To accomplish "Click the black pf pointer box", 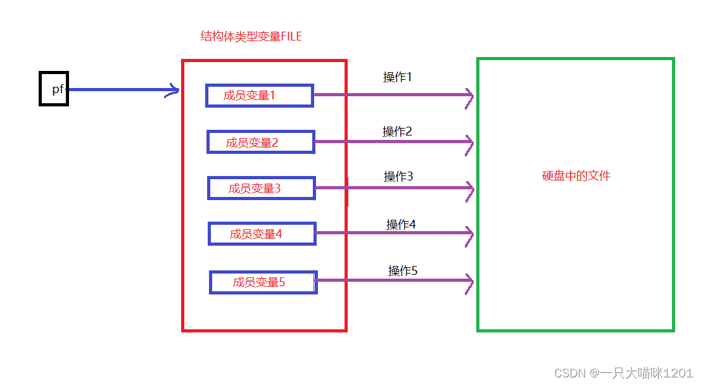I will [x=54, y=89].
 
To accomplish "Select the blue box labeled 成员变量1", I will [x=260, y=96].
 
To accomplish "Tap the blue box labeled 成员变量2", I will [x=261, y=142].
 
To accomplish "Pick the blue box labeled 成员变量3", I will [x=262, y=188].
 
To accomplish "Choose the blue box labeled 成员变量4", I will [x=262, y=234].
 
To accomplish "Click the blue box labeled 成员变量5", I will [x=263, y=282].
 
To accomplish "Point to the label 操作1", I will [x=398, y=77].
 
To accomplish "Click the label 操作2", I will [x=397, y=132].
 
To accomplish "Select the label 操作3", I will [x=398, y=177].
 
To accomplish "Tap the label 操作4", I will [x=401, y=225].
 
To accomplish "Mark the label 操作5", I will [x=403, y=271].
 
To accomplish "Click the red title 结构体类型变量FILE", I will [x=251, y=37].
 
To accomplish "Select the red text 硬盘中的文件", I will [x=576, y=176].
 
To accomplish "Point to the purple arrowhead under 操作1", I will [x=469, y=96].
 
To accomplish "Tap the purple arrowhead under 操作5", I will [x=469, y=281].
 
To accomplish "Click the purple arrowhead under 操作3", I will [x=469, y=188].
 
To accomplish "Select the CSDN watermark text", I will [x=624, y=373].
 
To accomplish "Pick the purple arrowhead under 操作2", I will [x=469, y=142].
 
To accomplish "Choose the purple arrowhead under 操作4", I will [x=469, y=234].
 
